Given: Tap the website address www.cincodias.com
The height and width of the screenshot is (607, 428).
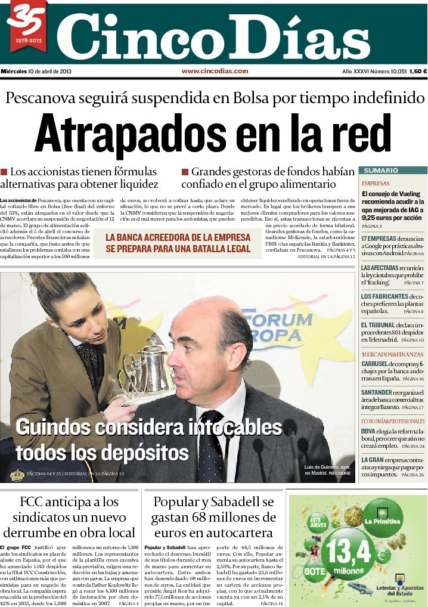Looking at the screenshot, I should pyautogui.click(x=215, y=71).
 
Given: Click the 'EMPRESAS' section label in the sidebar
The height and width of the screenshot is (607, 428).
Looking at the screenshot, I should pyautogui.click(x=376, y=184).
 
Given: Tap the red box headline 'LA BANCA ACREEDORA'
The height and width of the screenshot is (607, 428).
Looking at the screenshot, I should pyautogui.click(x=178, y=237).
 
